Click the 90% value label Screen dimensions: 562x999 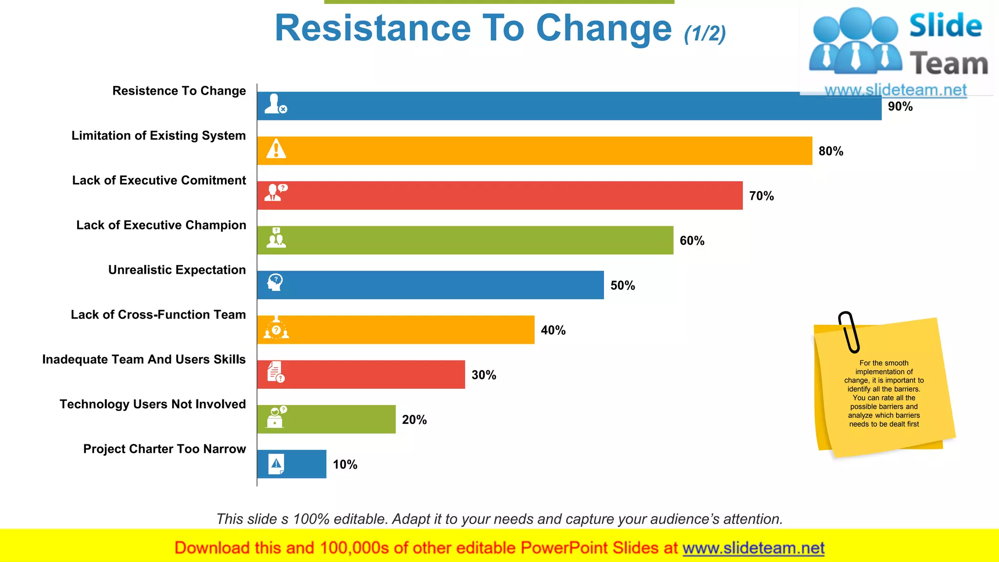point(900,106)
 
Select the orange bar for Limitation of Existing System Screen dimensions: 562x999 point(534,151)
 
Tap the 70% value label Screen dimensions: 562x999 point(761,196)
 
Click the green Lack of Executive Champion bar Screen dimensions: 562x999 point(465,240)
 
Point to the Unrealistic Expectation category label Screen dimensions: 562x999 point(177,270)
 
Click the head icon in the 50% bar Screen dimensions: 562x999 point(276,282)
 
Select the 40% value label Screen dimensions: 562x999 point(553,330)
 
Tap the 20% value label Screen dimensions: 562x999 point(414,420)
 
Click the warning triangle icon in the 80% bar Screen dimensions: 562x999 point(276,149)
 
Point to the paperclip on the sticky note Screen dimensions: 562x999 point(849,332)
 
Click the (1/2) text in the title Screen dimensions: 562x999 point(705,33)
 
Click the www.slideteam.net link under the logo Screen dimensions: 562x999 point(896,90)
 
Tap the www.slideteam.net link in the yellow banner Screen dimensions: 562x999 point(753,548)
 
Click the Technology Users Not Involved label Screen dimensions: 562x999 point(153,404)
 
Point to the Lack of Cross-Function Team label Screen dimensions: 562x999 point(158,315)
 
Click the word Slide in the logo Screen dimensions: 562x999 point(945,25)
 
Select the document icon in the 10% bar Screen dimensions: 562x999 point(276,464)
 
